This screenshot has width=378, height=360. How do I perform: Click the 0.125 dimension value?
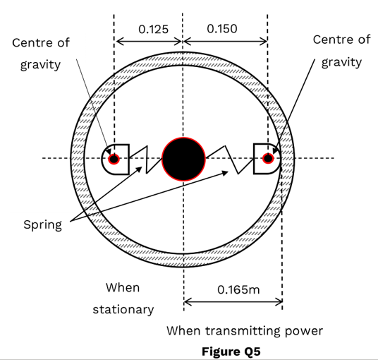(153, 30)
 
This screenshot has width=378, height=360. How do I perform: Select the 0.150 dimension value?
(222, 29)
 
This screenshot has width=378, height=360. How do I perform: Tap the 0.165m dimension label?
(238, 289)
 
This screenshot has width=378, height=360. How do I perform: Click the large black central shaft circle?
(183, 159)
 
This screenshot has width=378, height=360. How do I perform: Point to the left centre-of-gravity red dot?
(114, 159)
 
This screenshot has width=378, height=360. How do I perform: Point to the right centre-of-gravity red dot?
(268, 159)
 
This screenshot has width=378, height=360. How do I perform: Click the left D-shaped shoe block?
(116, 160)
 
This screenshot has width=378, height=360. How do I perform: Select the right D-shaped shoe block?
(267, 159)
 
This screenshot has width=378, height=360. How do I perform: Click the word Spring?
(43, 225)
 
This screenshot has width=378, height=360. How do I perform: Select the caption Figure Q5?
(231, 352)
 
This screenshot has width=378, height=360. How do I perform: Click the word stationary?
(123, 309)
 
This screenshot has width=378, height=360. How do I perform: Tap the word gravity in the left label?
(40, 65)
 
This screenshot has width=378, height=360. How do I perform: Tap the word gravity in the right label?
(341, 62)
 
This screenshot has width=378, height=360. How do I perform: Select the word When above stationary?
(123, 287)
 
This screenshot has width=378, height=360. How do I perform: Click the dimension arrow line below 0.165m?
(233, 301)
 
